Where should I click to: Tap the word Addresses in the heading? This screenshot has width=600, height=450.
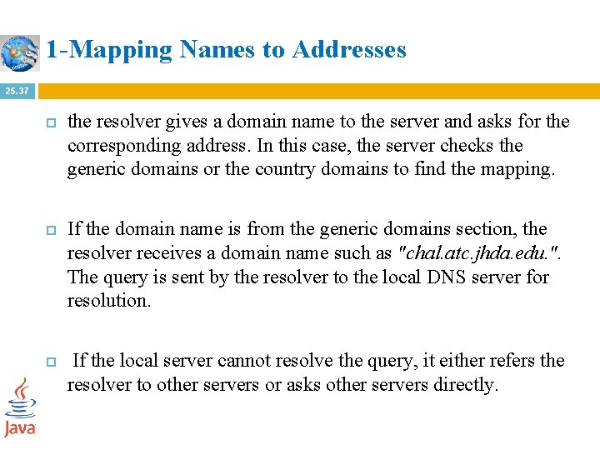click(x=349, y=50)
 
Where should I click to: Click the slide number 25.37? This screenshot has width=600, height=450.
click(x=17, y=90)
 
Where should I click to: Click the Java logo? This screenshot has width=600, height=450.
click(x=20, y=407)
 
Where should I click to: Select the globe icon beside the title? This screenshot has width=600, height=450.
click(x=20, y=52)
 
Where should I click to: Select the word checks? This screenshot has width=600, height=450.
click(x=468, y=146)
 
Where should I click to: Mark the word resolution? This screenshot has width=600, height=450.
click(x=109, y=301)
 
